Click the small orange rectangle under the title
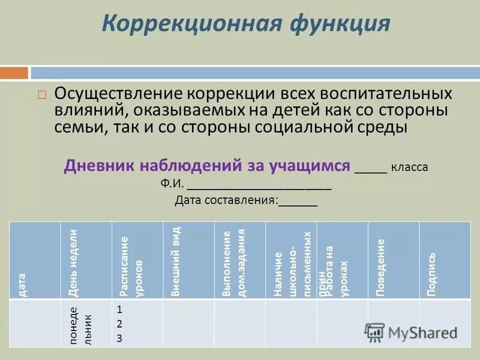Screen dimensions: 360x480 click(x=14, y=73)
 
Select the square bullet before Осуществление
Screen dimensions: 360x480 click(x=41, y=95)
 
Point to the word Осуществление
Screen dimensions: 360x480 click(x=118, y=95)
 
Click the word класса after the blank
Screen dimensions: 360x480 click(x=410, y=167)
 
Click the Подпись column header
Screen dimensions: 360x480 click(x=431, y=273)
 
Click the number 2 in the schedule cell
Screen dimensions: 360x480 click(x=119, y=324)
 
